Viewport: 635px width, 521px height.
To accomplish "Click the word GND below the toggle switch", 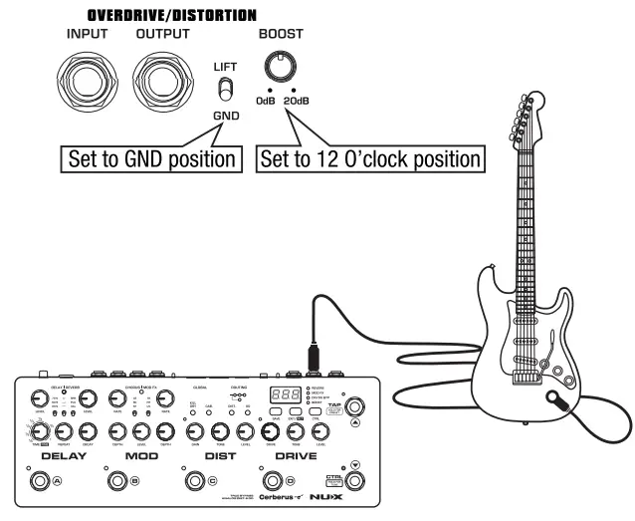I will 226,117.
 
